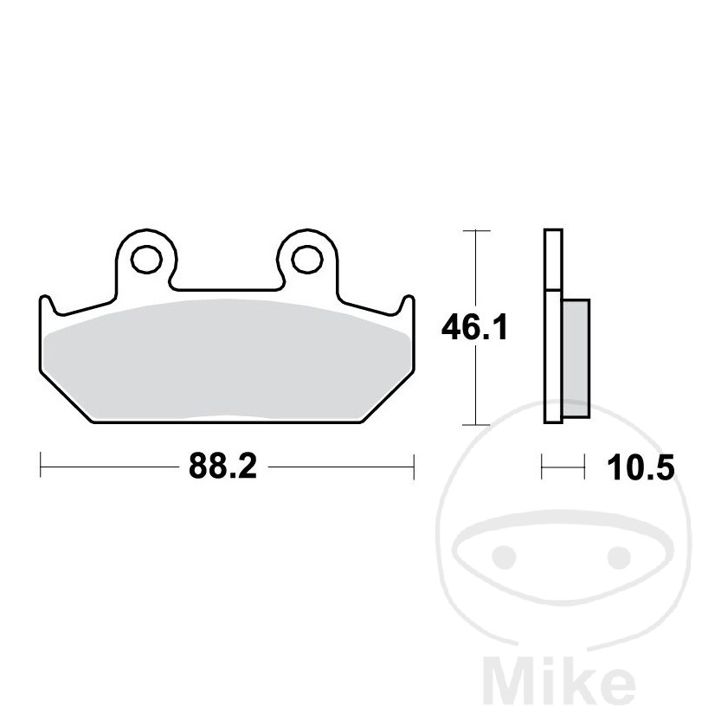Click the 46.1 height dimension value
point(474,328)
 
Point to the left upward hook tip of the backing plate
point(47,300)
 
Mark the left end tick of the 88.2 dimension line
point(42,467)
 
